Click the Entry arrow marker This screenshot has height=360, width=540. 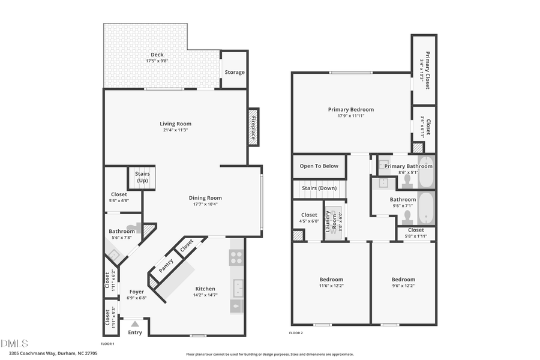(134, 324)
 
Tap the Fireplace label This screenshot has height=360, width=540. (253, 127)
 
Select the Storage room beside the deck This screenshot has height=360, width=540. (235, 72)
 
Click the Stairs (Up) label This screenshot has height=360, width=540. (143, 178)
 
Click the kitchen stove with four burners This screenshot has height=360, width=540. (236, 257)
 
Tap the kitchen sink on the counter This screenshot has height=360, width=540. (236, 289)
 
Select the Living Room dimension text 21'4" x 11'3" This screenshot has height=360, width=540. (176, 131)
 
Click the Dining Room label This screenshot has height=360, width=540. (205, 198)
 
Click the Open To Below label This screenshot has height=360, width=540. (319, 166)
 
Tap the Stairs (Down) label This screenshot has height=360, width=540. (319, 188)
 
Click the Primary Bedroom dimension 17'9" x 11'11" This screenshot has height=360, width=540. (350, 116)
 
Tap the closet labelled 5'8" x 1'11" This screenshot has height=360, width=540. (416, 233)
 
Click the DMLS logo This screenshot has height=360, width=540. (14, 343)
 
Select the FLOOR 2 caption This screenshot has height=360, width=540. (296, 332)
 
